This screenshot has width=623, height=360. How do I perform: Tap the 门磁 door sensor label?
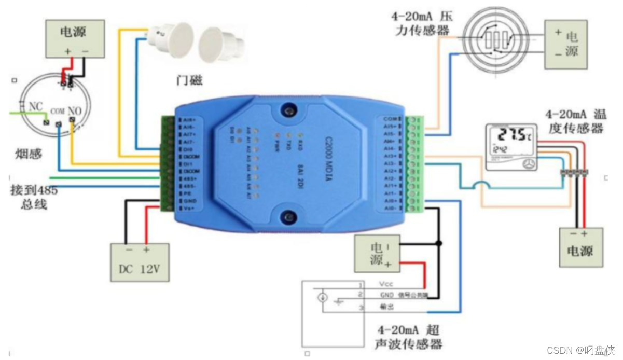click(x=189, y=80)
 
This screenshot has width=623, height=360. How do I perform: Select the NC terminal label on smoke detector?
click(x=35, y=106)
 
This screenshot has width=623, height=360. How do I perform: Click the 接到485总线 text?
click(x=34, y=197)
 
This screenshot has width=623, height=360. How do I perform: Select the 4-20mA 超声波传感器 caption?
click(x=409, y=337)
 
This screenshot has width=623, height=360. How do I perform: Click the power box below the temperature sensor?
click(x=580, y=247)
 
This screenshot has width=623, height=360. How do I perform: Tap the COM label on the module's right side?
click(x=390, y=119)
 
